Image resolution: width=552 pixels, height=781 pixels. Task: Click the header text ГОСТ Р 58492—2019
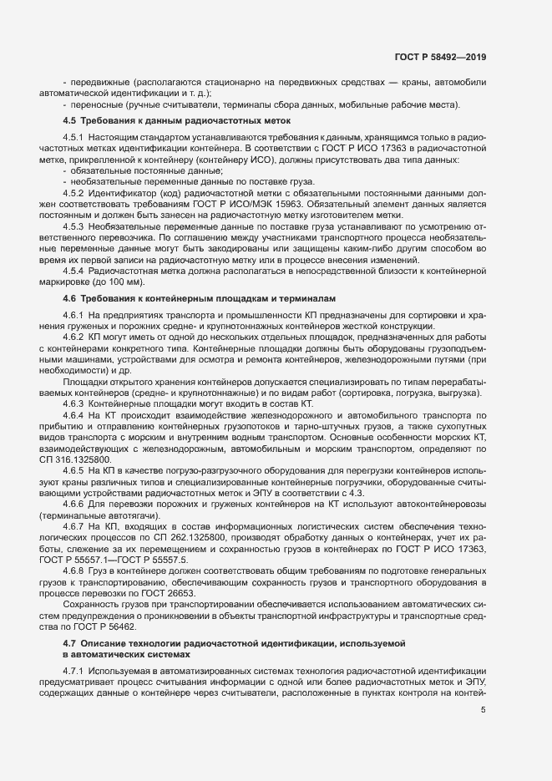pyautogui.click(x=441, y=57)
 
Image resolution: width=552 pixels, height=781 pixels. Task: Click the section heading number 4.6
pyautogui.click(x=70, y=297)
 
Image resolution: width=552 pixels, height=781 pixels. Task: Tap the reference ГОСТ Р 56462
pyautogui.click(x=94, y=603)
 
